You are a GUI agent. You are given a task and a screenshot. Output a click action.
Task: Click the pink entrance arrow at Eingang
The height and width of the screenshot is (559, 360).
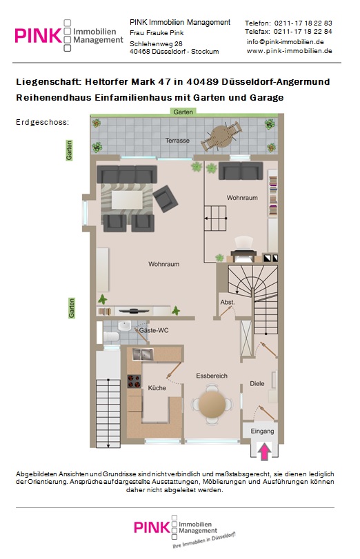[x=264, y=451]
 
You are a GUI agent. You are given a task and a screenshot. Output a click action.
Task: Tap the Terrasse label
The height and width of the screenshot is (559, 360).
[x=177, y=141]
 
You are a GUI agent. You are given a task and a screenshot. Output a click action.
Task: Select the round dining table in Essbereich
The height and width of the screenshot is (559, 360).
[x=212, y=404]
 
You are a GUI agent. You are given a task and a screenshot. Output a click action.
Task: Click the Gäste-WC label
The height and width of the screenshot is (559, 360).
[x=154, y=330]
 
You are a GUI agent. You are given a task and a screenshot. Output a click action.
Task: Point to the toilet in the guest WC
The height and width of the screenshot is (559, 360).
[x=111, y=336]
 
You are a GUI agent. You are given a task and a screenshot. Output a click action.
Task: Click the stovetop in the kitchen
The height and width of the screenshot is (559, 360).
[x=134, y=381]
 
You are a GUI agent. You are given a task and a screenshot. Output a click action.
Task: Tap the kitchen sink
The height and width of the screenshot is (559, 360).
[x=142, y=354]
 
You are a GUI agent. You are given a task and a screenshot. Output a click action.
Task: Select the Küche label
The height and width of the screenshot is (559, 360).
[x=157, y=388]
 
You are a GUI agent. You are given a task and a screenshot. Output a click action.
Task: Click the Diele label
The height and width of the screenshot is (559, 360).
[x=257, y=384]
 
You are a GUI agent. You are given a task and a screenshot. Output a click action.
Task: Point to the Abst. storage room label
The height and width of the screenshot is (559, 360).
[x=228, y=302]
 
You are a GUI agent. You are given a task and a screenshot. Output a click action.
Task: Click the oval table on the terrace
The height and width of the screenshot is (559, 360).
[x=221, y=136]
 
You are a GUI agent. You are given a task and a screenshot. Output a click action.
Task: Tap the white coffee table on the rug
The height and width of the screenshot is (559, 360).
[x=127, y=200]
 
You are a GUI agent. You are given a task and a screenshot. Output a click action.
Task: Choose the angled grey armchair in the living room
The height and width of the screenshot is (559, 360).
[x=166, y=199]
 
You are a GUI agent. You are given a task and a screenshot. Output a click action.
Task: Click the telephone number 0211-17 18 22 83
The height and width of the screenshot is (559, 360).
[x=303, y=23]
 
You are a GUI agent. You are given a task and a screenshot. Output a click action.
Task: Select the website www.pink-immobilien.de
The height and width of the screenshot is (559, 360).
[x=290, y=50]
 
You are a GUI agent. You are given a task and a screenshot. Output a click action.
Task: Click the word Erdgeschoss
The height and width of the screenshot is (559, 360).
[x=42, y=122]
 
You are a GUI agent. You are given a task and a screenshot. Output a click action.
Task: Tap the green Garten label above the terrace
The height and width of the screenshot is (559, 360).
[x=183, y=112]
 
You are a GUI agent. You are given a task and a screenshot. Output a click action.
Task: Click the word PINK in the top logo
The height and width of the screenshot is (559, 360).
[x=38, y=36]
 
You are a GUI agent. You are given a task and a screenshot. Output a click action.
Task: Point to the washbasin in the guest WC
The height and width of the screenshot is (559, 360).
[x=125, y=326]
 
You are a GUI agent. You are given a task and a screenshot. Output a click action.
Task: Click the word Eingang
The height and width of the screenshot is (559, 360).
[x=262, y=431]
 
